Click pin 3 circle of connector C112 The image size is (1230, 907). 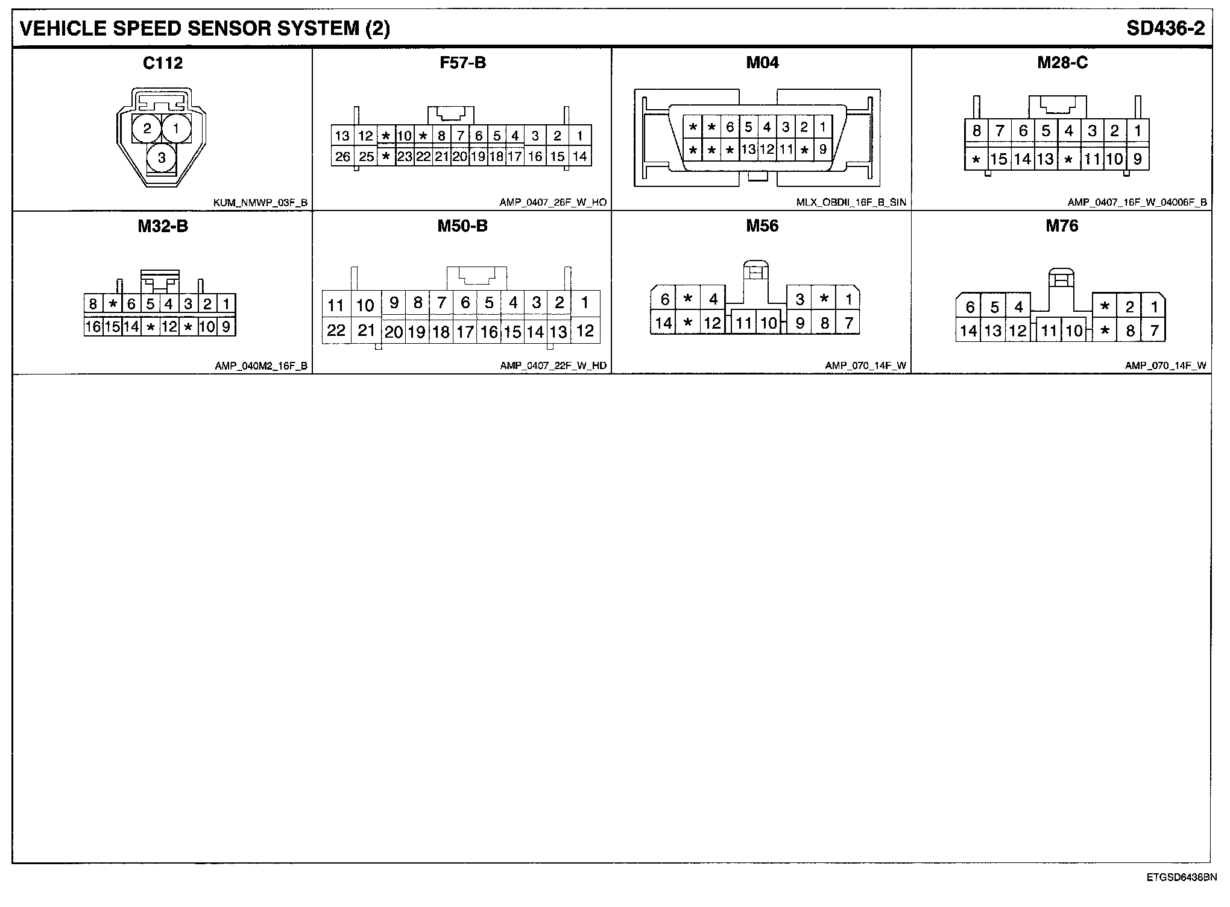(162, 158)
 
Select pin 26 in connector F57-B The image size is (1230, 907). (342, 157)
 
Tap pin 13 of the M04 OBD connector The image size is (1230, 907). (748, 150)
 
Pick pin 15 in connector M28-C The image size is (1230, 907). (999, 159)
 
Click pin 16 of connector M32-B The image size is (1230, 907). (93, 327)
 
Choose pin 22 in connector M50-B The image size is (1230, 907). (336, 330)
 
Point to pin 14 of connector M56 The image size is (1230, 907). (663, 323)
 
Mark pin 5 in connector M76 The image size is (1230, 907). (994, 308)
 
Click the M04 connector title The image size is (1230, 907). (762, 63)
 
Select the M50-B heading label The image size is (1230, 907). (462, 226)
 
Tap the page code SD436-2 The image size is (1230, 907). (1166, 28)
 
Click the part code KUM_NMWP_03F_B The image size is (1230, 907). (260, 203)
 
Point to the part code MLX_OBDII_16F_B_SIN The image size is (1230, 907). (851, 203)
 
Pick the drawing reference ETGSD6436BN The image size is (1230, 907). (1182, 877)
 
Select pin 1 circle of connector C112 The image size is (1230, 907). (176, 128)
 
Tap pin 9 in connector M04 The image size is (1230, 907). (822, 150)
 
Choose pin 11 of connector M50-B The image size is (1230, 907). (336, 305)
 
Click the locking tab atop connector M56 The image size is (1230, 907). (755, 271)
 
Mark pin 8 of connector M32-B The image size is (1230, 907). (93, 304)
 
